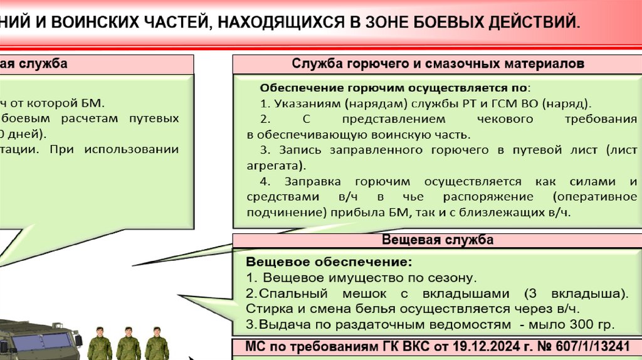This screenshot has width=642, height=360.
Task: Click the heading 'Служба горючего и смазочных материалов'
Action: pyautogui.click(x=438, y=64)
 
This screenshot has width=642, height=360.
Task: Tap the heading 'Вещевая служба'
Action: pyautogui.click(x=438, y=240)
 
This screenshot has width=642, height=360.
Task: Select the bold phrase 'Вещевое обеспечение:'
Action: pyautogui.click(x=329, y=261)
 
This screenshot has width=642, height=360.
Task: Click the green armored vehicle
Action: pyautogui.click(x=38, y=342)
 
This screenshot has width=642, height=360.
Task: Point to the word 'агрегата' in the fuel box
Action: pyautogui.click(x=273, y=166)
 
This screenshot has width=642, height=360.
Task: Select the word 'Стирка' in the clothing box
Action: pyautogui.click(x=265, y=309)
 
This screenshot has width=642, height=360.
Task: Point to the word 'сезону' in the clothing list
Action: pyautogui.click(x=456, y=277)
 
